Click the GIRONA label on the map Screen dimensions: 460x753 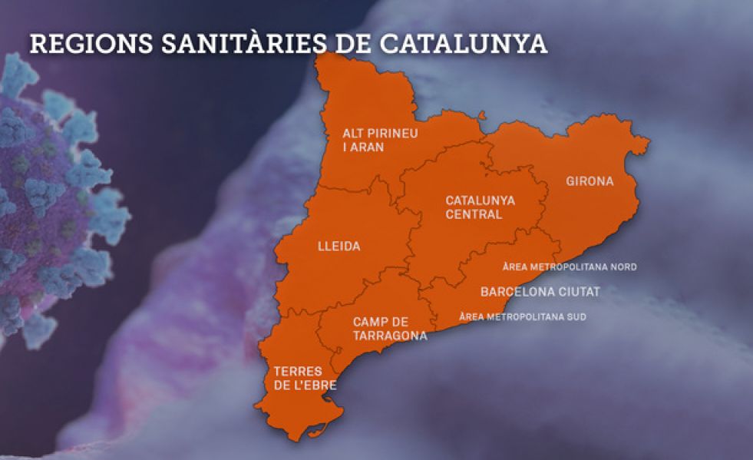(x=590, y=182)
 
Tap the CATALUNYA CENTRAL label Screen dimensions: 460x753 (x=480, y=207)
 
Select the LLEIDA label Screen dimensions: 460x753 (x=339, y=247)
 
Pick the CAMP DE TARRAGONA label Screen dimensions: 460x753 (x=390, y=329)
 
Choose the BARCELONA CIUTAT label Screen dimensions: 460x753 (x=540, y=292)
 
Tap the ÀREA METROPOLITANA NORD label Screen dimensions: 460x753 (x=570, y=267)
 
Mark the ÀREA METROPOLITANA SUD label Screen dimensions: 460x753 (x=522, y=316)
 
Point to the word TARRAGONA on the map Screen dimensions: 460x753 (x=390, y=336)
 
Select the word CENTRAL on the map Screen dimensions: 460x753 (x=474, y=214)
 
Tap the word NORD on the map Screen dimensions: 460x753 (x=624, y=267)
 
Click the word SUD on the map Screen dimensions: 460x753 (x=576, y=316)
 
